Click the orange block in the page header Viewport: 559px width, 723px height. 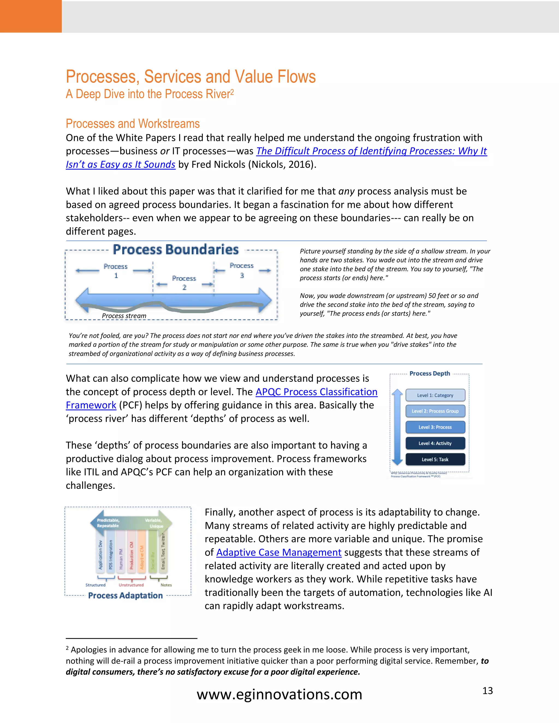point(31,16)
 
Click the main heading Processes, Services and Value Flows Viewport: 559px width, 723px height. point(191,77)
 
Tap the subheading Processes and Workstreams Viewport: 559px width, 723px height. point(132,124)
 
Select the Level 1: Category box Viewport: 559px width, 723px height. point(435,395)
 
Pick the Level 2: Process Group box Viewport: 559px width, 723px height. point(435,411)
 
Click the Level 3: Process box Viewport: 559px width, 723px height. point(435,427)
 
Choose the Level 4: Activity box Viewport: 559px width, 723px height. point(435,443)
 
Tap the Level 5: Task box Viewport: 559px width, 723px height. point(435,459)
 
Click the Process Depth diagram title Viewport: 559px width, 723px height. point(430,374)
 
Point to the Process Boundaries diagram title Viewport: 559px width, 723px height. point(176,249)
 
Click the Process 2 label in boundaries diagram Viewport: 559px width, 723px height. point(184,282)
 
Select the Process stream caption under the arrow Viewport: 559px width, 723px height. point(124,316)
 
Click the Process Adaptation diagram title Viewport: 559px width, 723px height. point(125,596)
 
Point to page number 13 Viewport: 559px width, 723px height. point(487,691)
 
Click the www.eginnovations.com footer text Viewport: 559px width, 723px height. point(279,694)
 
